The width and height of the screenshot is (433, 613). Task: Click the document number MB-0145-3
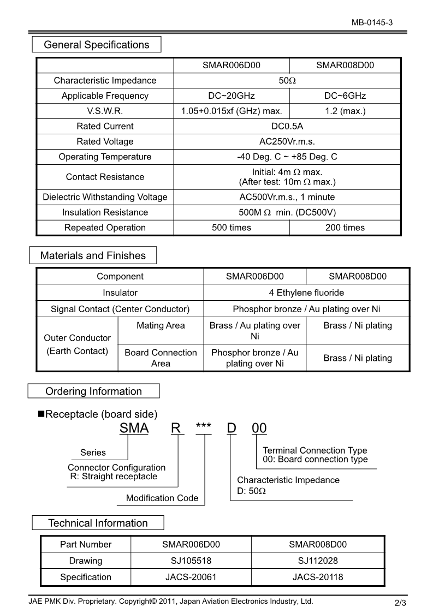(x=372, y=22)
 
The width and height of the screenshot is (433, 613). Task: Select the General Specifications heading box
(x=97, y=45)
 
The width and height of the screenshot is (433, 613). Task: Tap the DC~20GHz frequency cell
(x=232, y=96)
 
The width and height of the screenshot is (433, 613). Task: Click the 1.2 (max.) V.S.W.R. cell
(x=345, y=111)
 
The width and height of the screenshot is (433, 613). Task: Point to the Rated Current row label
(x=105, y=126)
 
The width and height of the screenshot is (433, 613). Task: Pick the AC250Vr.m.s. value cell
(x=287, y=141)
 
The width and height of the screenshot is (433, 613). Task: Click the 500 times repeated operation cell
(x=232, y=228)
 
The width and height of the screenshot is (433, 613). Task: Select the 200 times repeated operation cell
(x=345, y=228)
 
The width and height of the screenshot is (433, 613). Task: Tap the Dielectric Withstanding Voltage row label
(x=105, y=197)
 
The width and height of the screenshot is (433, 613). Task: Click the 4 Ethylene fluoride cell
(x=306, y=293)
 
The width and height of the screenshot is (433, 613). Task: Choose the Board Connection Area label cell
(x=161, y=358)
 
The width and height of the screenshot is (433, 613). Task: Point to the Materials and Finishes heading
(x=93, y=255)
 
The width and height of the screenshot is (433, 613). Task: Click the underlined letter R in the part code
(x=176, y=428)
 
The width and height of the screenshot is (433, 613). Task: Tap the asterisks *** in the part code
(x=203, y=426)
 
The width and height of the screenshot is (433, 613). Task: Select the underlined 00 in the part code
(x=259, y=428)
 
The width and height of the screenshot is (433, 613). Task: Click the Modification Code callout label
(x=162, y=498)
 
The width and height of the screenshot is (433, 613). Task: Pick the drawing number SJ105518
(x=191, y=561)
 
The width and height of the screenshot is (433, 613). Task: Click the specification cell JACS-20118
(x=318, y=577)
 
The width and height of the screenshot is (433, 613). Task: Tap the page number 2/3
(x=400, y=603)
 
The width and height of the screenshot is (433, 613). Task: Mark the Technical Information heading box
(x=98, y=523)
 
